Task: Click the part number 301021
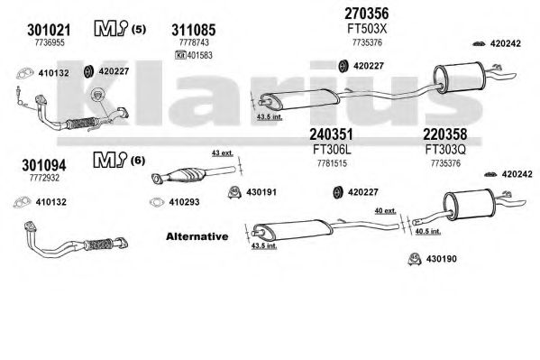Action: (x=49, y=30)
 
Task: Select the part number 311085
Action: (x=194, y=30)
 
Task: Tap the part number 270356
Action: (x=366, y=14)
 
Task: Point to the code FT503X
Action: (x=367, y=29)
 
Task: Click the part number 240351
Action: (x=331, y=134)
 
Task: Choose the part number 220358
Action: (x=445, y=134)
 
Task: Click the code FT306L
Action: (x=332, y=150)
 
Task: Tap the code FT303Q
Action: (x=445, y=150)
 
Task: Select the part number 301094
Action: (x=44, y=165)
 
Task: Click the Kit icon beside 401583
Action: (x=180, y=55)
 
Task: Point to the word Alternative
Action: (x=197, y=236)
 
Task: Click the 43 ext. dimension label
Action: (x=223, y=153)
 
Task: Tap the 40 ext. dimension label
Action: (x=385, y=210)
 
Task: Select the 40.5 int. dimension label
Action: (x=427, y=231)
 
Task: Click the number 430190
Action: (x=441, y=259)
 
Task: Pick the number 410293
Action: (x=184, y=202)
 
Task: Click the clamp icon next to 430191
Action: (x=234, y=192)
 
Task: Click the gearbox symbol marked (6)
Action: (x=110, y=161)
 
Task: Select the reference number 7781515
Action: (x=332, y=163)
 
